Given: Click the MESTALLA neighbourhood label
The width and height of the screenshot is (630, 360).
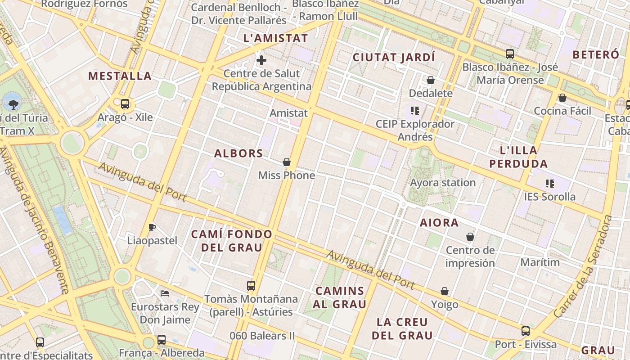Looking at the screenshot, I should (x=120, y=76).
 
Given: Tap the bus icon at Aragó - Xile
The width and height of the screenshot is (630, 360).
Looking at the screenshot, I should (x=125, y=104).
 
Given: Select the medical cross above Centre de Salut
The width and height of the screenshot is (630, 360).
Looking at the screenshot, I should (x=261, y=60).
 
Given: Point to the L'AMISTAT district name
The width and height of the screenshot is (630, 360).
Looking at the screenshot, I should (x=275, y=38).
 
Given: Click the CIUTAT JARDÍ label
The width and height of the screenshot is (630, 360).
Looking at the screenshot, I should (x=394, y=57).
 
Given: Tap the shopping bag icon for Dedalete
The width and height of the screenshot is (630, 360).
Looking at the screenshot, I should (x=431, y=80).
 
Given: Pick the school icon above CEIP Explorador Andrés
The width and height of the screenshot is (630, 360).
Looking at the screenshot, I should (x=415, y=110).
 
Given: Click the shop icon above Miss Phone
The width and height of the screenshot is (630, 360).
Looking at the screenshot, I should (x=287, y=162).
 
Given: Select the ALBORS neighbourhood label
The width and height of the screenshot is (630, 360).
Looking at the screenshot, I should (x=238, y=153).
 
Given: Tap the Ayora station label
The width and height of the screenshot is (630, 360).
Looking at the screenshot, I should (x=443, y=183).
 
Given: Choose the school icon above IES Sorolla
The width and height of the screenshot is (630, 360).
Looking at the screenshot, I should (x=549, y=183).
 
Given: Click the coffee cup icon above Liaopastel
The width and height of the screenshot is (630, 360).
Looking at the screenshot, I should (x=152, y=227).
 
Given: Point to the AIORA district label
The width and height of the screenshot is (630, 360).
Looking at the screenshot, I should (x=439, y=223).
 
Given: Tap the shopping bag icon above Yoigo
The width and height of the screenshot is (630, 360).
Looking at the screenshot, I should (x=445, y=292).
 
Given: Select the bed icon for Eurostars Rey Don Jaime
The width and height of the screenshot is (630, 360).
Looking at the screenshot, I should (x=165, y=293).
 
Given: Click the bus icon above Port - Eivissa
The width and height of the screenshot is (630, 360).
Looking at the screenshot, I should (x=526, y=331).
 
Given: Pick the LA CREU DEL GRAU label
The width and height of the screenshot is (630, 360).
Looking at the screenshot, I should (x=402, y=328).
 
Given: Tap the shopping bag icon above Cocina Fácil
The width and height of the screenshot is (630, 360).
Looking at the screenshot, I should (x=562, y=98).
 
